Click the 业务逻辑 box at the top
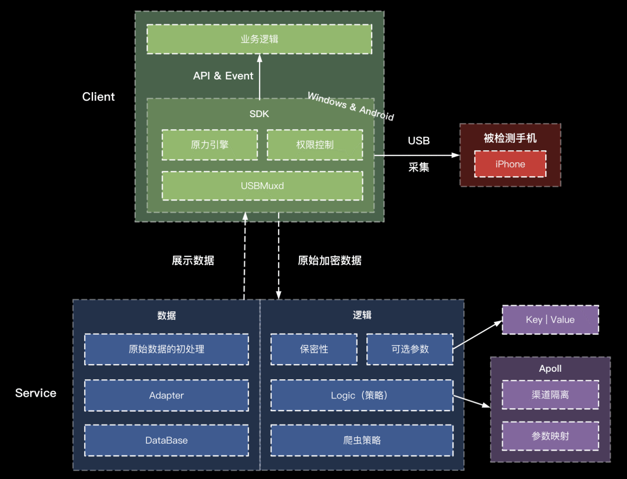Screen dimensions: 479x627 coord(259,39)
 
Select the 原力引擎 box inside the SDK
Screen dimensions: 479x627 coord(210,144)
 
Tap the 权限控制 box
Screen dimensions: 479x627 coord(315,144)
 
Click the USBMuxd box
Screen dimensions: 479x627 coord(262,186)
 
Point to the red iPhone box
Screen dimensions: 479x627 coord(510,164)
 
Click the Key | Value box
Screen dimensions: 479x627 coord(550,320)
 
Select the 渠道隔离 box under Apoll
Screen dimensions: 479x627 coord(550,395)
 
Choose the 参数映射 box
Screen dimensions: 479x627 coord(550,436)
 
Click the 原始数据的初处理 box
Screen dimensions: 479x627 coord(166,349)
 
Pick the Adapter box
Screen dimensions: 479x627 coord(166,395)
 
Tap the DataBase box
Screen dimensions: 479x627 coord(166,440)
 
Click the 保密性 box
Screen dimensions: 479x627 coord(314,349)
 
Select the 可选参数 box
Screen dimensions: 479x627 coord(410,349)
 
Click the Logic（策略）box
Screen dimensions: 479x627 coord(362,395)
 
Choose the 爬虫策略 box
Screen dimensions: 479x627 coord(362,440)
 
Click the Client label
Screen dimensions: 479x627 coord(98,97)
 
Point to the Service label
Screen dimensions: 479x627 coord(35,393)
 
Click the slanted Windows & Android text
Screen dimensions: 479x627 coord(350,107)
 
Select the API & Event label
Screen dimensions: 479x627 coord(223,76)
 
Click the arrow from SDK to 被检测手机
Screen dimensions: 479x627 coord(416,155)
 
